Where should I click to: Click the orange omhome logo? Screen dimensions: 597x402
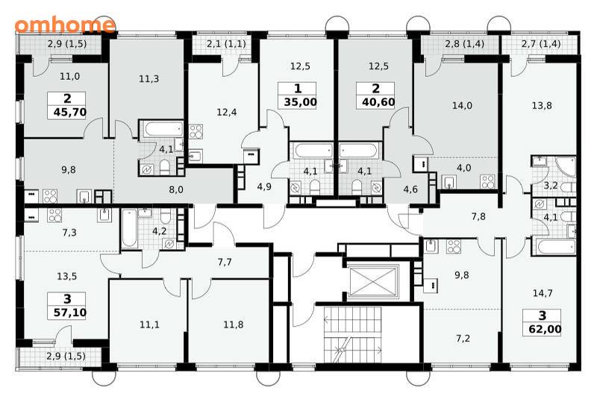pyautogui.click(x=65, y=25)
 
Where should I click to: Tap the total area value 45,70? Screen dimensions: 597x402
pyautogui.click(x=70, y=113)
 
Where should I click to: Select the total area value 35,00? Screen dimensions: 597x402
pyautogui.click(x=301, y=102)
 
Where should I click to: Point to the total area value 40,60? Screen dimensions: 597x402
pyautogui.click(x=378, y=102)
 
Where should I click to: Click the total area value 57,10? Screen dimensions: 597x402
pyautogui.click(x=70, y=313)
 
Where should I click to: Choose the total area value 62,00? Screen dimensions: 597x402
pyautogui.click(x=546, y=329)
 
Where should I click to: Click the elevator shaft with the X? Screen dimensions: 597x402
pyautogui.click(x=373, y=281)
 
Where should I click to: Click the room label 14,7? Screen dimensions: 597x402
pyautogui.click(x=543, y=293)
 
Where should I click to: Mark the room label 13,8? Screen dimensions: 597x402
pyautogui.click(x=542, y=105)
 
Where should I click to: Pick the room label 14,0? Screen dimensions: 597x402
pyautogui.click(x=462, y=105)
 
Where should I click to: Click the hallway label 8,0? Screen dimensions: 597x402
pyautogui.click(x=176, y=189)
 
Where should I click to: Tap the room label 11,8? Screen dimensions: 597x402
pyautogui.click(x=234, y=324)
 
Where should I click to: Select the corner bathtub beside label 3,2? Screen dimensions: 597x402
pyautogui.click(x=566, y=167)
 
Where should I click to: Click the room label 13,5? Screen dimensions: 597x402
pyautogui.click(x=66, y=277)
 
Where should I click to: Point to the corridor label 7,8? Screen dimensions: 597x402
pyautogui.click(x=478, y=216)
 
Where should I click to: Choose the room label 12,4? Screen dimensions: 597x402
pyautogui.click(x=227, y=113)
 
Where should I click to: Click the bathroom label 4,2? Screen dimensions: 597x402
pyautogui.click(x=159, y=231)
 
